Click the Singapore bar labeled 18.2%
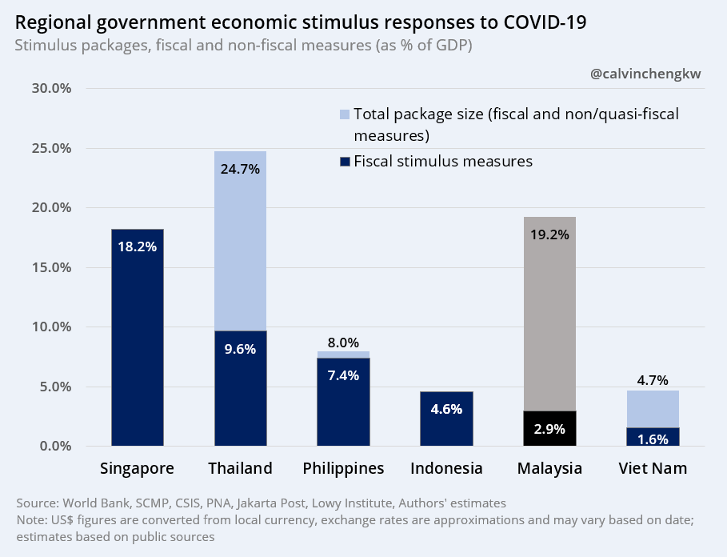[x=138, y=336]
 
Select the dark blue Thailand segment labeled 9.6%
[x=240, y=388]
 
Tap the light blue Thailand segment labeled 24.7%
[x=240, y=240]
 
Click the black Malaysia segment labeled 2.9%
[x=549, y=428]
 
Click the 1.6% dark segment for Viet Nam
[x=653, y=437]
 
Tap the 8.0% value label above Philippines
[x=343, y=342]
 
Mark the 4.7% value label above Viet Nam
[x=653, y=380]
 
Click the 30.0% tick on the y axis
[x=52, y=88]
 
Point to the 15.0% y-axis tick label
[x=52, y=267]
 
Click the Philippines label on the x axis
[x=343, y=468]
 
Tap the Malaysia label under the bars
[x=549, y=468]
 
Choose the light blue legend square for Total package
[x=345, y=114]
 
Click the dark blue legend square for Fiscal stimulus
[x=345, y=162]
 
